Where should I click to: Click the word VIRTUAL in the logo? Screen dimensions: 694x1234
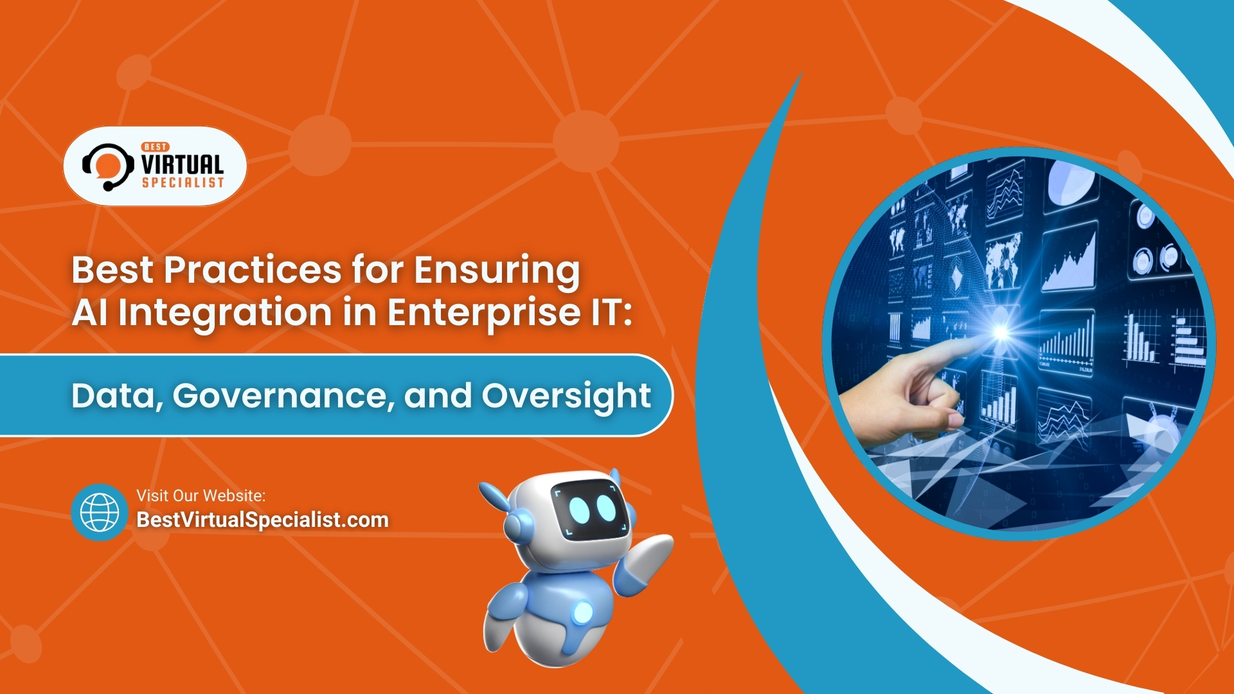(x=183, y=164)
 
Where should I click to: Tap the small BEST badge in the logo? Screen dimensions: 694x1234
(x=156, y=147)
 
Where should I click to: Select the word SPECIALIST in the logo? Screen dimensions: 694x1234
(x=183, y=183)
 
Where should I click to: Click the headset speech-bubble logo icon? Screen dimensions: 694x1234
(x=107, y=166)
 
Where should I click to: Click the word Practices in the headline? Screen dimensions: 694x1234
(x=252, y=270)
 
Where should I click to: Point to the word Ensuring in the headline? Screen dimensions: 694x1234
(x=496, y=270)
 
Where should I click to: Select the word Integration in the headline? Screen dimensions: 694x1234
(x=225, y=312)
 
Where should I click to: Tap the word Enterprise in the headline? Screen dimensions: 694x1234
(x=483, y=312)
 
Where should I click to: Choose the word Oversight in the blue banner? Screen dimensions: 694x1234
(x=566, y=395)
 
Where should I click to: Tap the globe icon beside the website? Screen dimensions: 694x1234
(x=100, y=512)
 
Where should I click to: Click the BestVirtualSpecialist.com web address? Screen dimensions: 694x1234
(x=262, y=520)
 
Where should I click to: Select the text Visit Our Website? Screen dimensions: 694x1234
(x=201, y=495)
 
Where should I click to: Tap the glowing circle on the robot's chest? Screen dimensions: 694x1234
(x=582, y=612)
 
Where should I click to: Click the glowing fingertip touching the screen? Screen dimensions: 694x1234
(x=1000, y=332)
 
